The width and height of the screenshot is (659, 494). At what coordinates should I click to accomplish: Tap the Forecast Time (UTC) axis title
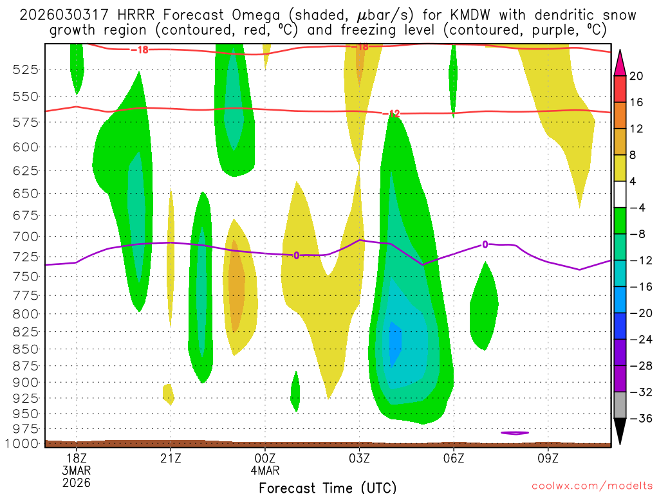click(x=328, y=487)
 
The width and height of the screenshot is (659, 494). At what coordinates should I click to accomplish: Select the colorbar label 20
click(x=636, y=76)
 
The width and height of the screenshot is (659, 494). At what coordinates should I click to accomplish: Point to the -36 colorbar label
click(x=639, y=418)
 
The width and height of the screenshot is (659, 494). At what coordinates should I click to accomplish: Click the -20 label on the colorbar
click(x=639, y=313)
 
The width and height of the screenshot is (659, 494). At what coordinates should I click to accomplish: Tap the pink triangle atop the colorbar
click(x=620, y=63)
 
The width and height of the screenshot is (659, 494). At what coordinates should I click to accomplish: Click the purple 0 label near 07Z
click(x=485, y=244)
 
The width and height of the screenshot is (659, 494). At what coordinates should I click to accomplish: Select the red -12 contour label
click(x=391, y=114)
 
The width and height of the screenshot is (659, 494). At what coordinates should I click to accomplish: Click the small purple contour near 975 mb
click(x=515, y=433)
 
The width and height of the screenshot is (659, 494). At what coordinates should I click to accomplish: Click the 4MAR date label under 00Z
click(x=265, y=470)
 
